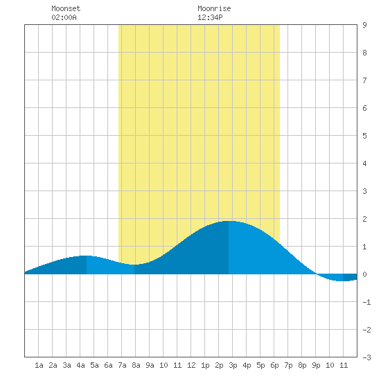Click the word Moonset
66,8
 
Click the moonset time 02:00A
64,17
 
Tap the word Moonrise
214,8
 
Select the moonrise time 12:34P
210,17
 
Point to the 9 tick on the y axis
364,25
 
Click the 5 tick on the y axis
364,136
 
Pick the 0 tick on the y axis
364,274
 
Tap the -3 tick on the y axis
366,357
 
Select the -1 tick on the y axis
366,302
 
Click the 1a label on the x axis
39,365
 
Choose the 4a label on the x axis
80,365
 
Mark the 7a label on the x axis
122,365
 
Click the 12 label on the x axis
191,365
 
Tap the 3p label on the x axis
233,365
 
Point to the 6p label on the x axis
274,365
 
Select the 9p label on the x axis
316,365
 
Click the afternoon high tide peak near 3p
229,221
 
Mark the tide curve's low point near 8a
134,265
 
